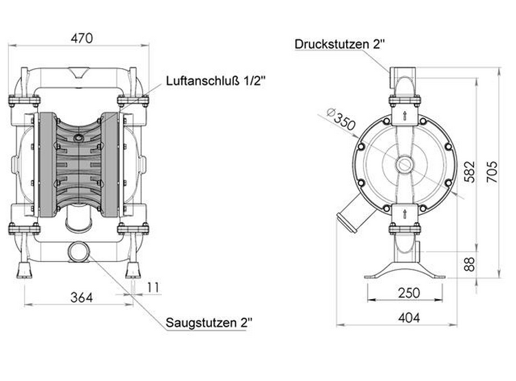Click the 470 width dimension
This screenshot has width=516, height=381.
82,38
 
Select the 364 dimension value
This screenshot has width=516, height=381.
82,298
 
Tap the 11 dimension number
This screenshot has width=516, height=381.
153,287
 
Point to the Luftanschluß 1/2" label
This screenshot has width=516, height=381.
215,81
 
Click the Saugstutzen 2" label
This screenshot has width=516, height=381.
209,322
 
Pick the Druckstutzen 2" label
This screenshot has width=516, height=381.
340,44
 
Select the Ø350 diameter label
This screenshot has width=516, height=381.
341,119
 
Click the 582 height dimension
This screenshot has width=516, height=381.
471,172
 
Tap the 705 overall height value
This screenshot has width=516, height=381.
493,172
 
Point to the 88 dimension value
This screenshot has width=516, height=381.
470,264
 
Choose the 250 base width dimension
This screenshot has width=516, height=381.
409,293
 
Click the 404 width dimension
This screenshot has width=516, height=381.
409,318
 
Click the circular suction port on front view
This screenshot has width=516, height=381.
78,252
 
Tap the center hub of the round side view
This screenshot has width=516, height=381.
405,164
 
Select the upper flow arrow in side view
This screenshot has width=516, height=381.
405,115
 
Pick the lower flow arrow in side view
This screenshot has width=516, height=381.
405,214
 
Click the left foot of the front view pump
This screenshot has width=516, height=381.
24,270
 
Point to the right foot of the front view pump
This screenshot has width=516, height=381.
133,270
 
